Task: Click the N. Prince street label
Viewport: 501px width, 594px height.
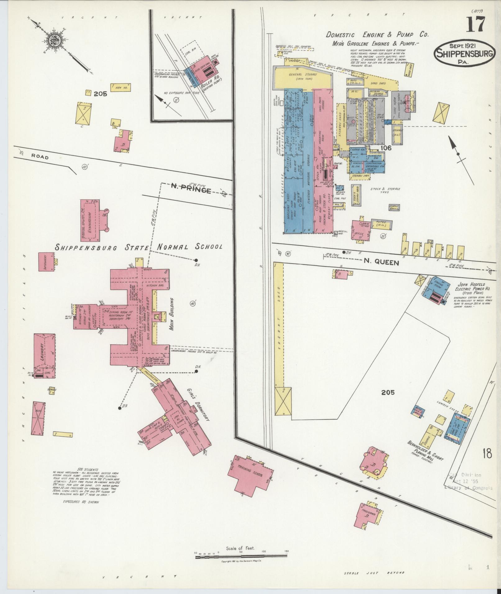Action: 191,189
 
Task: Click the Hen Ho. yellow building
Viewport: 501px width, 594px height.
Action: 121,88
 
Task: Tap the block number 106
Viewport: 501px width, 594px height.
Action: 386,148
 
